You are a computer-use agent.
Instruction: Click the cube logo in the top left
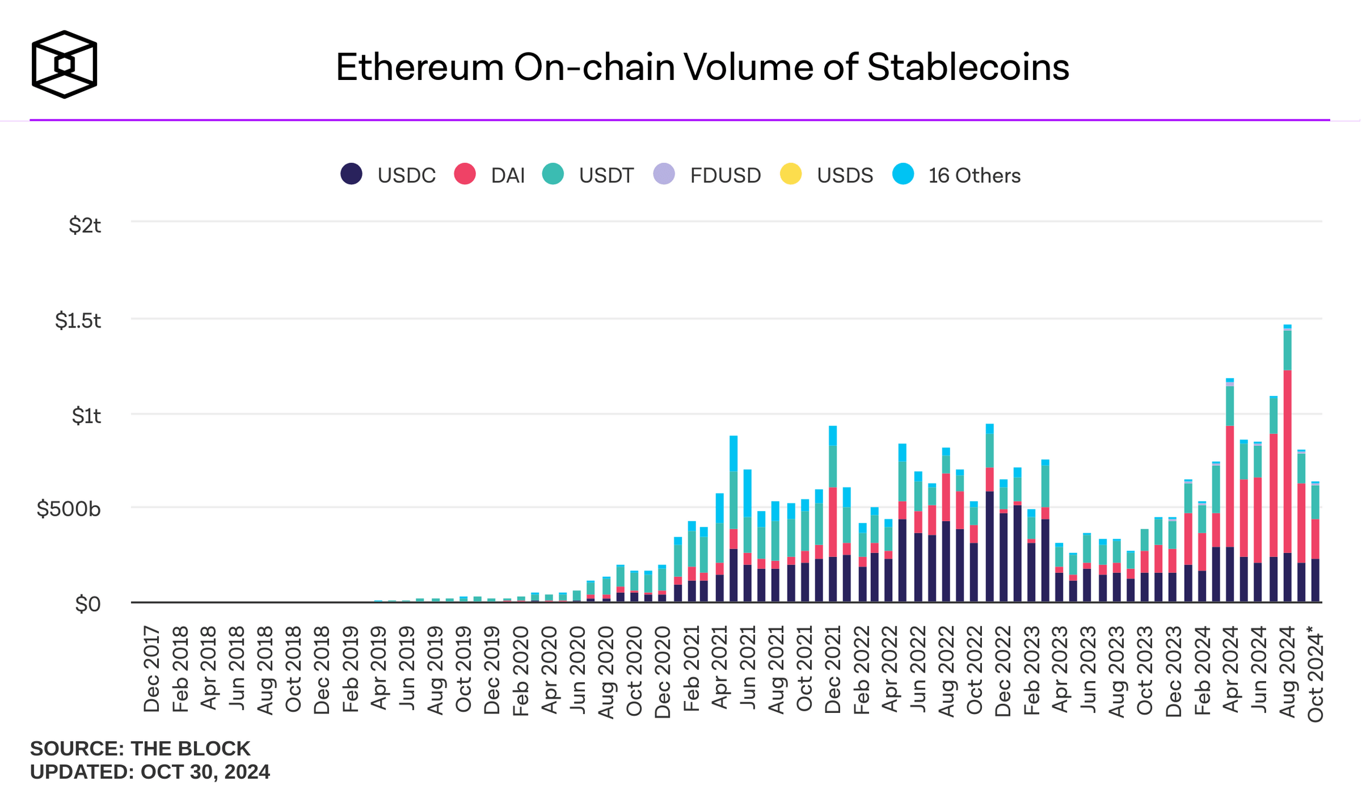64,64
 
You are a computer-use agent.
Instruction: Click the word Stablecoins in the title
967,67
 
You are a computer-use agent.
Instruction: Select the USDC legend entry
388,175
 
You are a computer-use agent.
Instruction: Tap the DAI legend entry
489,175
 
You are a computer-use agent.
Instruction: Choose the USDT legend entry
587,175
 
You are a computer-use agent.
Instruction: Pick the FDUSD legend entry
707,175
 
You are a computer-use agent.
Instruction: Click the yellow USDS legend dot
791,175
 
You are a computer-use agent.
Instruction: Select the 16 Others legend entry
956,175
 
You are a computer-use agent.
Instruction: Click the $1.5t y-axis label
78,321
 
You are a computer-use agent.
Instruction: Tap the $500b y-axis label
69,509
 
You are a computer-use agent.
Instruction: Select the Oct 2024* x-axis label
1316,677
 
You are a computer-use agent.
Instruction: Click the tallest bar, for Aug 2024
1287,471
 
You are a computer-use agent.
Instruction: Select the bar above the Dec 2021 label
832,518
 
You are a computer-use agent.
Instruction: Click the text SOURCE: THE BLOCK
140,749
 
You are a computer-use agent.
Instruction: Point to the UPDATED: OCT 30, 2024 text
150,772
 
